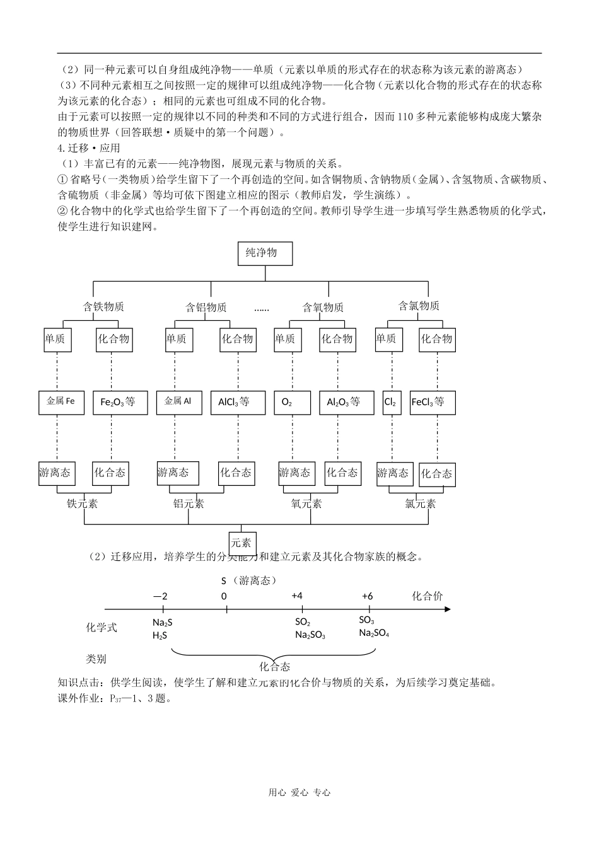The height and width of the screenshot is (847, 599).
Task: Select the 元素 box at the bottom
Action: pyautogui.click(x=241, y=543)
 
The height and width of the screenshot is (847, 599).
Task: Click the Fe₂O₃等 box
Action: pyautogui.click(x=118, y=401)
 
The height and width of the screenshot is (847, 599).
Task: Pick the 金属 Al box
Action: pyautogui.click(x=178, y=401)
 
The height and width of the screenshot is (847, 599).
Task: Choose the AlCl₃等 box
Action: pyautogui.click(x=234, y=401)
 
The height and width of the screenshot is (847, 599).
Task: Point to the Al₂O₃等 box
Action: pyautogui.click(x=343, y=402)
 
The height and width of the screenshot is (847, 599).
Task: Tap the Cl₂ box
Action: pyautogui.click(x=391, y=401)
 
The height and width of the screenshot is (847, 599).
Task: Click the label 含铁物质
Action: pyautogui.click(x=103, y=307)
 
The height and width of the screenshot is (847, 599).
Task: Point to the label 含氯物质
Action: pyautogui.click(x=419, y=306)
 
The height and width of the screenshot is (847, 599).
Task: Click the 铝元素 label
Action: pyautogui.click(x=189, y=504)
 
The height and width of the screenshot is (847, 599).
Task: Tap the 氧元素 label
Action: pyautogui.click(x=306, y=504)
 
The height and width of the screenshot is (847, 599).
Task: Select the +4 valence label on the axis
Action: pyautogui.click(x=297, y=596)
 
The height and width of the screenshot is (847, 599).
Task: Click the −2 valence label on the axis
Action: pyautogui.click(x=160, y=596)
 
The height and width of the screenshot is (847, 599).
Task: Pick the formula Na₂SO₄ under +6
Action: pyautogui.click(x=373, y=633)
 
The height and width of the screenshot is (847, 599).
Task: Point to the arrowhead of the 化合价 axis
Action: pyautogui.click(x=447, y=609)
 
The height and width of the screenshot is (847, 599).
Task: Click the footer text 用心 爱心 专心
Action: pyautogui.click(x=299, y=793)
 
